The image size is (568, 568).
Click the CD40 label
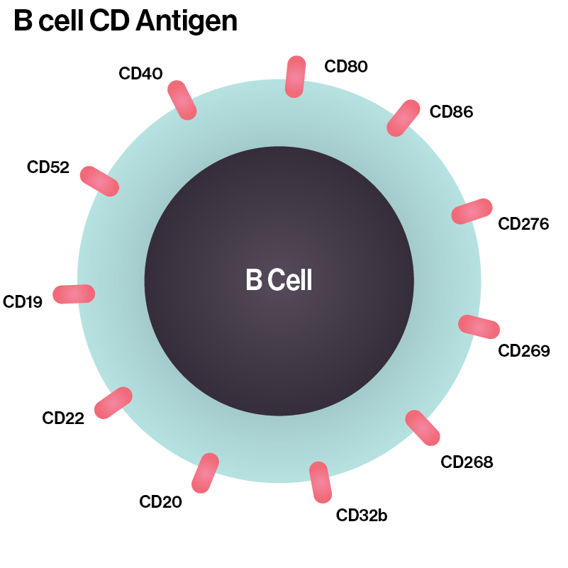pos(141,73)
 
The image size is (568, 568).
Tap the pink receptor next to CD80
pos(295,77)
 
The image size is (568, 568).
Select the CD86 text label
pos(451,111)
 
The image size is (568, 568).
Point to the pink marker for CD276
pos(472,211)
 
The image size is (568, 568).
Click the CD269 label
pos(524,350)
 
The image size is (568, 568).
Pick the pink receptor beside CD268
pos(423,428)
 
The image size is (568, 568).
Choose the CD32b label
pos(362,515)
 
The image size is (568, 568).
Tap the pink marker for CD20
pos(205,473)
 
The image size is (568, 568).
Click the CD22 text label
pos(63,418)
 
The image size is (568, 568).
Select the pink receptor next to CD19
pos(74,294)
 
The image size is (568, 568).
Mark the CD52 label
pos(48,167)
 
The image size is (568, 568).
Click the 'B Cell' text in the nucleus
pos(279,281)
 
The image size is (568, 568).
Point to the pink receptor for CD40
pos(182,100)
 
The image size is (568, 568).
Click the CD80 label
pos(346,67)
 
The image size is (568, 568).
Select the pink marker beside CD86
pos(403,118)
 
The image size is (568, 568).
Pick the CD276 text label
pos(523,224)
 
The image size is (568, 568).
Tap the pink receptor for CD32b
pos(321,483)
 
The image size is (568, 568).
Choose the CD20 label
pos(160,502)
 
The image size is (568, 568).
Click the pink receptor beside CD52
pos(99,181)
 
